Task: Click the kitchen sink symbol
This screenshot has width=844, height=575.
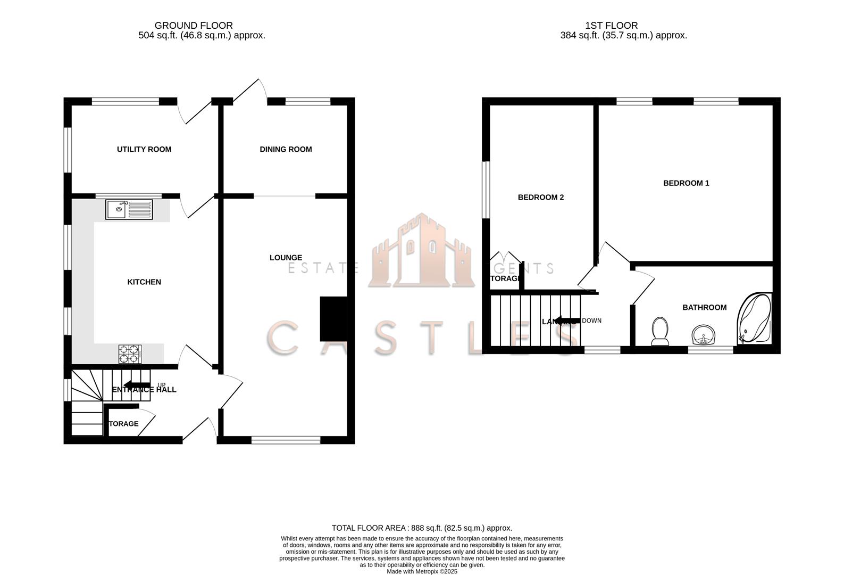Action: point(129,209)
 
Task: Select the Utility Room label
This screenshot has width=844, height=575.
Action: point(144,149)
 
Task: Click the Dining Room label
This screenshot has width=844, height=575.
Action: point(286,149)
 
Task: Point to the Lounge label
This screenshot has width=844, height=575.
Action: point(286,258)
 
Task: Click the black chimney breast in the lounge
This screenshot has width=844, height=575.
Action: point(333,318)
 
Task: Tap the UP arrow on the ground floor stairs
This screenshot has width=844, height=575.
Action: point(137,385)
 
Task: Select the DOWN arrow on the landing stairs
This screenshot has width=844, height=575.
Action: point(568,321)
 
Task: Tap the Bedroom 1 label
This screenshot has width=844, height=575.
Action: point(686,183)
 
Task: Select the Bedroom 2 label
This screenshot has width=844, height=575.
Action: point(540,198)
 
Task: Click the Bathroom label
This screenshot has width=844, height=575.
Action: point(704,307)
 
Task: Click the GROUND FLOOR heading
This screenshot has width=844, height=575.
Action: point(194,25)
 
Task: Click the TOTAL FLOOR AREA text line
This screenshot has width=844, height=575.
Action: point(422,528)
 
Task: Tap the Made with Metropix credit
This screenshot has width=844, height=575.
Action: point(422,571)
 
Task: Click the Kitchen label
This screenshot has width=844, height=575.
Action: point(144,282)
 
